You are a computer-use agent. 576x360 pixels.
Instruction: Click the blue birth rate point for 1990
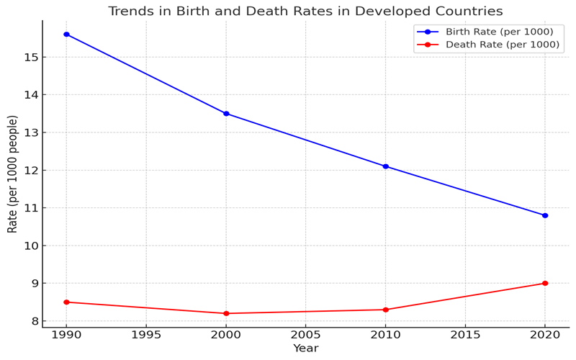pyautogui.click(x=66, y=35)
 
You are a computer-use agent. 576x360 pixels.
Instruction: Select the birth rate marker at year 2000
pyautogui.click(x=226, y=114)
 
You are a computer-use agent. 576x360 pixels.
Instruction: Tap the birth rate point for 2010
pyautogui.click(x=385, y=166)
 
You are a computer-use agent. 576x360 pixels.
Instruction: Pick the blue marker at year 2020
pyautogui.click(x=545, y=215)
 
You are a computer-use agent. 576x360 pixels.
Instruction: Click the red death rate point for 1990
pyautogui.click(x=66, y=302)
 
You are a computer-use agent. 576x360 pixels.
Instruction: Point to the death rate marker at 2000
pyautogui.click(x=226, y=313)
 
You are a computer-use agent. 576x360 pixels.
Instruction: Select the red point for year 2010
pyautogui.click(x=385, y=310)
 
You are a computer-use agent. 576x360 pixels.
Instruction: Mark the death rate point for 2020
pyautogui.click(x=545, y=283)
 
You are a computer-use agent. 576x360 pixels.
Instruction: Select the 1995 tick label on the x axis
pyautogui.click(x=146, y=335)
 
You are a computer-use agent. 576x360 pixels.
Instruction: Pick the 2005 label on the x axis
pyautogui.click(x=305, y=335)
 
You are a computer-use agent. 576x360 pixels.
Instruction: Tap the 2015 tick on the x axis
pyautogui.click(x=465, y=335)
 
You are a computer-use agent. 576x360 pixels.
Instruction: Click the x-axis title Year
pyautogui.click(x=305, y=348)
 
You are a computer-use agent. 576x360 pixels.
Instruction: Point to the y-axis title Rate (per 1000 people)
pyautogui.click(x=13, y=174)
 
